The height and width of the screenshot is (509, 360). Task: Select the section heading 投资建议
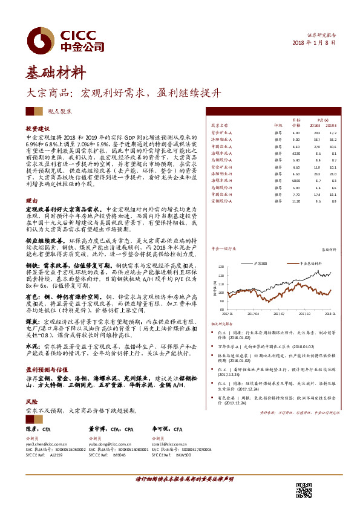point(36,129)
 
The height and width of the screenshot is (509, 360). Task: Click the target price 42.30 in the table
point(296,154)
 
